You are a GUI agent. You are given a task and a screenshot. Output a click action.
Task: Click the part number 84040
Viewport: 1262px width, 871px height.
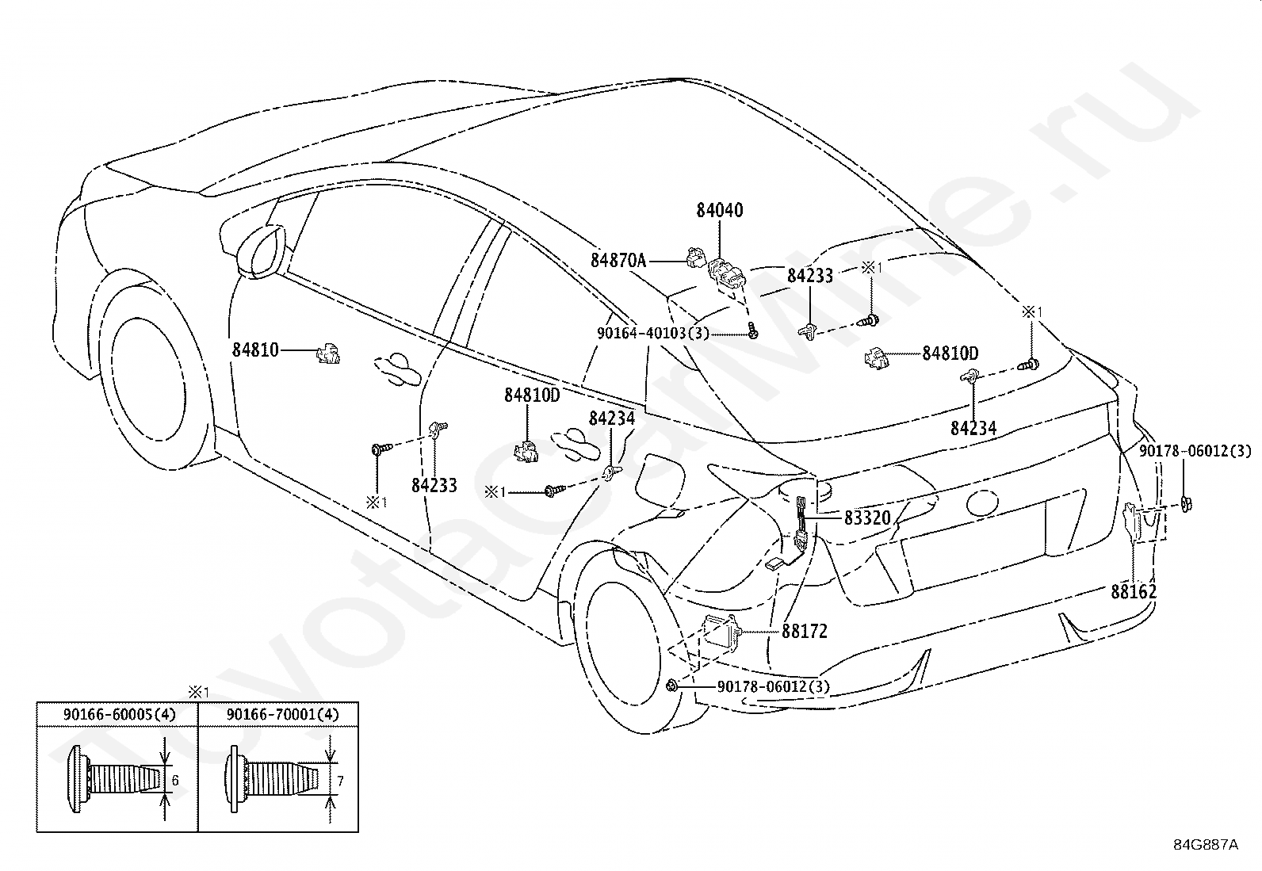pos(720,210)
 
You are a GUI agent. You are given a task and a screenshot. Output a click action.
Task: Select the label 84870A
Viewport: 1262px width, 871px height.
pos(618,260)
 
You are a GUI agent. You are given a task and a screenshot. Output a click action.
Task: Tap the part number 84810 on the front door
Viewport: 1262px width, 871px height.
pos(256,350)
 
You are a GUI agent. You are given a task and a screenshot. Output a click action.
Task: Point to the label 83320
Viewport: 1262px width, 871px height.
pos(867,518)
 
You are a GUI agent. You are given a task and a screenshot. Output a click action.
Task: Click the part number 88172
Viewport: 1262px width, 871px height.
pos(805,631)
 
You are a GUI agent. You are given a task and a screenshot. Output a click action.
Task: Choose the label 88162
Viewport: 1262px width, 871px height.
pos(1134,591)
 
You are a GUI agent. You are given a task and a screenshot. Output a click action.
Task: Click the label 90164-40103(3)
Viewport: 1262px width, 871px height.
pos(653,333)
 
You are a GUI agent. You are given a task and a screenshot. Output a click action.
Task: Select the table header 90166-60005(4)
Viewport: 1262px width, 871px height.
pos(120,714)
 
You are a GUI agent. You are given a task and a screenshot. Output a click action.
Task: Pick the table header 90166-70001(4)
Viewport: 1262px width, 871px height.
pos(283,714)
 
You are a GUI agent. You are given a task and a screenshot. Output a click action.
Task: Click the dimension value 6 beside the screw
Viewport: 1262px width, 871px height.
pos(175,781)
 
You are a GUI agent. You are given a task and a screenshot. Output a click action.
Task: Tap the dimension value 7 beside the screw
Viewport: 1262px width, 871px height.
pos(340,781)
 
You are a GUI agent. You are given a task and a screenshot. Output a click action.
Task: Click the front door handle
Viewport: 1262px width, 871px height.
pos(398,369)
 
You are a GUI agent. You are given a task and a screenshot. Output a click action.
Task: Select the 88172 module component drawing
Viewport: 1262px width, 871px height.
pos(721,633)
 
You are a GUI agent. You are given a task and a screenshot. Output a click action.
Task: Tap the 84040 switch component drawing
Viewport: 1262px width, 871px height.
pos(726,276)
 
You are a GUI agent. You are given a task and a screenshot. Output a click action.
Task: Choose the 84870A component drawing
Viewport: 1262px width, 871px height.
pos(695,257)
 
